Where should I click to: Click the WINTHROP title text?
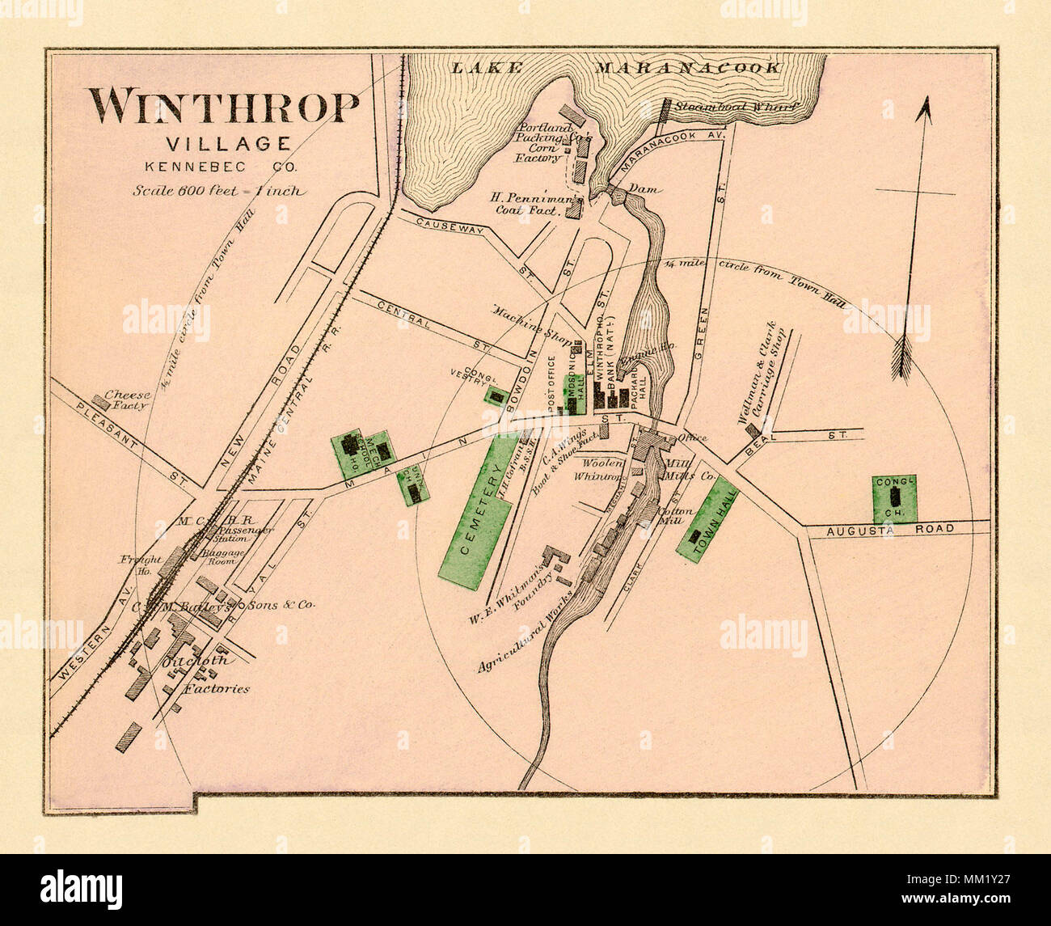(x=224, y=107)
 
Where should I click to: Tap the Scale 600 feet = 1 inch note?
(x=220, y=192)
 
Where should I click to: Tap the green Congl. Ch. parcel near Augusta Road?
(x=893, y=498)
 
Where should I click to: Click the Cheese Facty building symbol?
(x=101, y=400)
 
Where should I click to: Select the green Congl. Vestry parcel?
(x=496, y=395)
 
